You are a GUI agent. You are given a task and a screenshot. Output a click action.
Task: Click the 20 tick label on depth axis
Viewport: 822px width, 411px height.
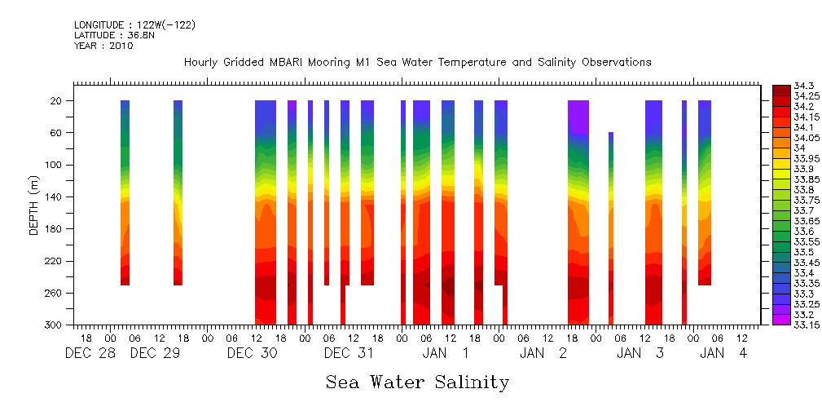[x=57, y=101]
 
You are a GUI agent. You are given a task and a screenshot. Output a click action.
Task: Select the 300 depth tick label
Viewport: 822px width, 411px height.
[x=55, y=325]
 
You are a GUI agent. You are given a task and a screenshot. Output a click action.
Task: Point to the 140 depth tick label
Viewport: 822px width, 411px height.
[x=55, y=197]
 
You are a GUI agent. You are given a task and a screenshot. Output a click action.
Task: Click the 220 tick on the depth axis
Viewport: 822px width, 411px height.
[x=55, y=261]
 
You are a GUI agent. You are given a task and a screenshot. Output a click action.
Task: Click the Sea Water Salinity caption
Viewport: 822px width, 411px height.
[x=417, y=382]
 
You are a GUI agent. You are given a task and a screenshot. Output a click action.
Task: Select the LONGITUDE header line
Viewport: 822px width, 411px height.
[x=134, y=24]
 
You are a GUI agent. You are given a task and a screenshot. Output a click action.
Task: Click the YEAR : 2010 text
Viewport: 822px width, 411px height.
[x=103, y=46]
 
